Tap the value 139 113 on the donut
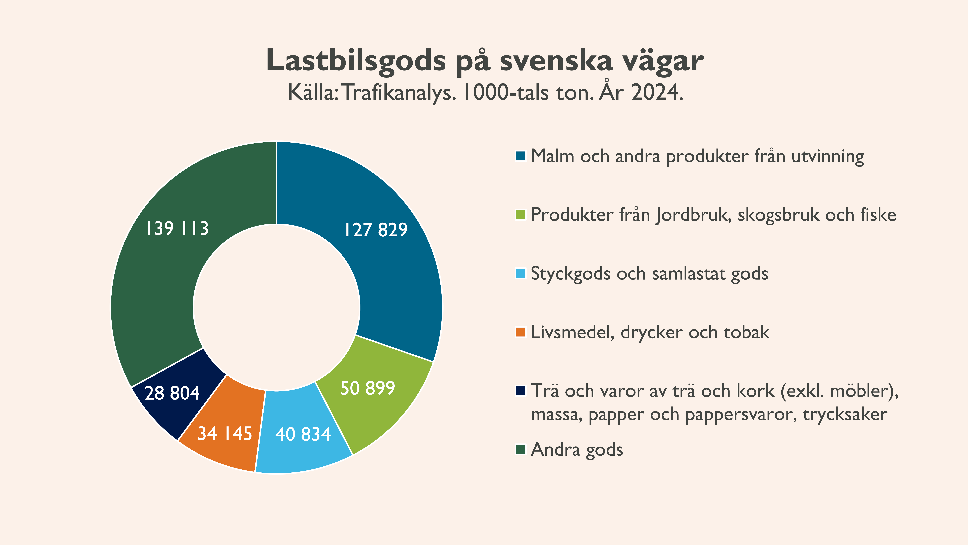[x=177, y=228]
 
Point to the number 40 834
[x=303, y=434]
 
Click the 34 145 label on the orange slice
[x=225, y=433]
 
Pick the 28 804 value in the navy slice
[x=172, y=393]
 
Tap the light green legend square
[x=520, y=215]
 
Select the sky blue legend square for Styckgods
[x=520, y=273]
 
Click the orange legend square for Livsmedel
[x=520, y=332]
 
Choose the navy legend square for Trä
[x=520, y=391]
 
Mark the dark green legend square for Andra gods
[x=520, y=449]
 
